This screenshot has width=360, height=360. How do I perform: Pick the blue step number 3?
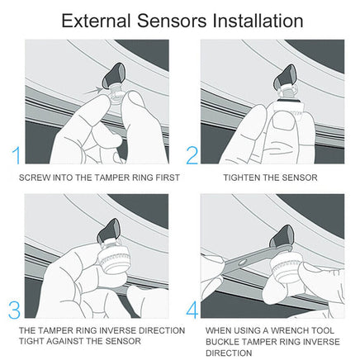14,310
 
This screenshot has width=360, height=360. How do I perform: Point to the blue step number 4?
192,310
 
